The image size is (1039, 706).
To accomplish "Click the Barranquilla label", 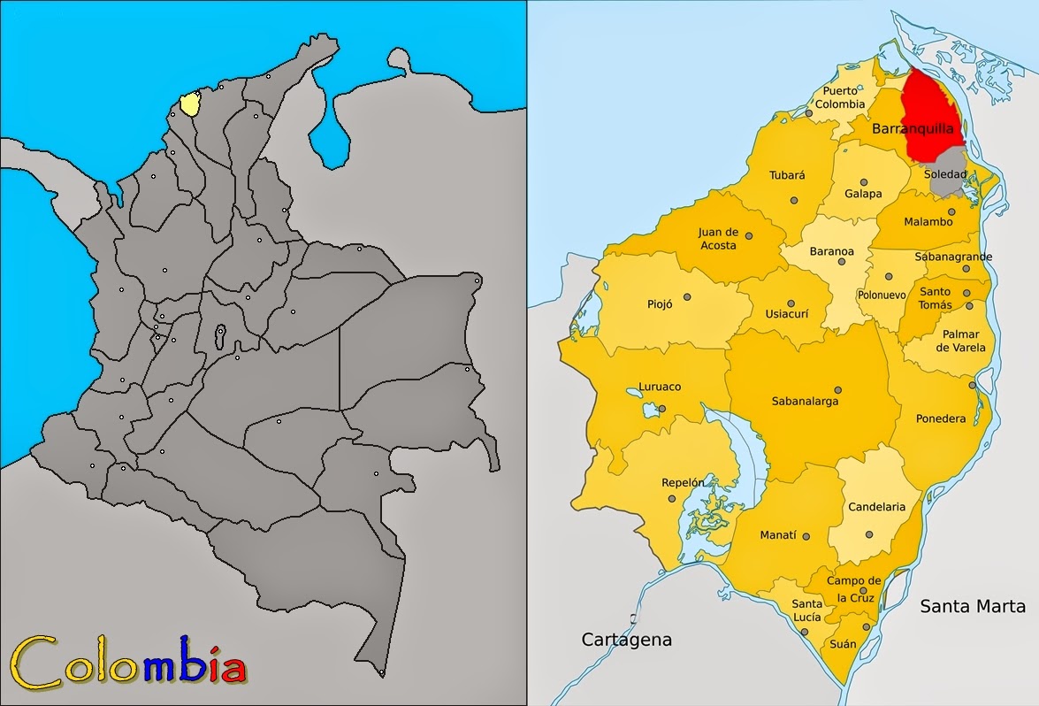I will [x=913, y=129].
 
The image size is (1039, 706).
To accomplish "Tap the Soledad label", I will [x=944, y=174].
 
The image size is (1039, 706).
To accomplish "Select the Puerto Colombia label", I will [x=839, y=97].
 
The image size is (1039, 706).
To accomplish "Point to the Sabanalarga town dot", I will [x=837, y=389].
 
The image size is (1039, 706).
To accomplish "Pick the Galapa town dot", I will [x=863, y=182].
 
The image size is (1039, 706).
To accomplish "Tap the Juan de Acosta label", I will [x=718, y=239].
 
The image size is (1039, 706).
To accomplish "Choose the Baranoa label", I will [x=832, y=252].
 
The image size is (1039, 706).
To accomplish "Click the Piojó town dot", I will [x=686, y=296].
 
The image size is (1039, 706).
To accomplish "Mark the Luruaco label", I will [x=659, y=387].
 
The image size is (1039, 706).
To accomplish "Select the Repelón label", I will [x=684, y=482].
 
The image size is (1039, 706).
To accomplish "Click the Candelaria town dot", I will [x=868, y=534].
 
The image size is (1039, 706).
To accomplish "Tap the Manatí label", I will [x=778, y=535].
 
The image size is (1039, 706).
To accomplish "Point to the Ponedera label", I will [x=941, y=418].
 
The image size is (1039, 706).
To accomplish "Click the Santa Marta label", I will [x=973, y=606].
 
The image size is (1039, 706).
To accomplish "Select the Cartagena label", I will [x=627, y=639].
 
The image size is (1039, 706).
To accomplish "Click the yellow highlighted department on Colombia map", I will [x=189, y=104].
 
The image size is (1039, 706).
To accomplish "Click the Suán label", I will [x=843, y=644].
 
